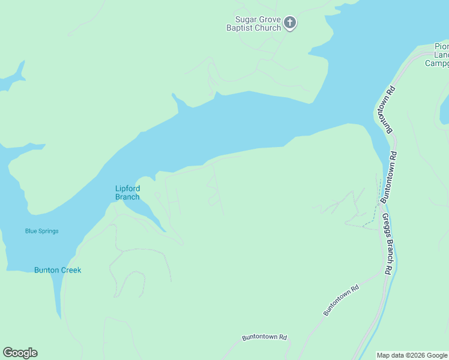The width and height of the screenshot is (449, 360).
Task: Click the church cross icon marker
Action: point(290,24)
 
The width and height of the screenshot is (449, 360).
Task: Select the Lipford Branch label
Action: point(127,193)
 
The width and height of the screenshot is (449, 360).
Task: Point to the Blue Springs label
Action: point(42,231)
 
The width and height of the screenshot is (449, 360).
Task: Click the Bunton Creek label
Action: point(58,270)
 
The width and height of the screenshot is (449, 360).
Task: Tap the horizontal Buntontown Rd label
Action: point(264,337)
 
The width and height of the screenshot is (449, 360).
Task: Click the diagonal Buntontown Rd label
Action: point(341,300)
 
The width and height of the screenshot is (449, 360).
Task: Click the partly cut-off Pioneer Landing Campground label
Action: point(437,55)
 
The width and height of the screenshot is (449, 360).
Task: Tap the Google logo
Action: point(20,353)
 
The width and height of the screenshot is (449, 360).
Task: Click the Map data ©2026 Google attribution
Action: point(412,355)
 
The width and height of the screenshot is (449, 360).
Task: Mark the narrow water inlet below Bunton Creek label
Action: point(57,300)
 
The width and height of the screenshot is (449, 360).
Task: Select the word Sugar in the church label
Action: point(246,20)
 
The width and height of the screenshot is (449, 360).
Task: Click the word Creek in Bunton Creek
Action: point(70,270)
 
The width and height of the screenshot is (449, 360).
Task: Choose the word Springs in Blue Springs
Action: point(49,231)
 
